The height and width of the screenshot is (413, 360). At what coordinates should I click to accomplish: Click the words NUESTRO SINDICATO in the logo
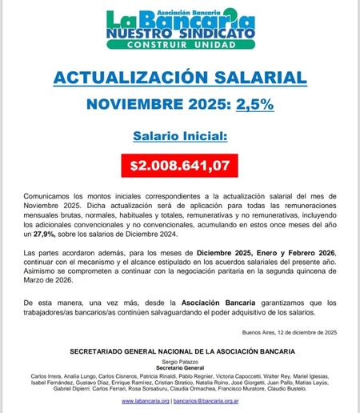(x=180, y=34)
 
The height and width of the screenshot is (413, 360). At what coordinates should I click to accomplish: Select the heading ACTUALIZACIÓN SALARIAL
(x=179, y=78)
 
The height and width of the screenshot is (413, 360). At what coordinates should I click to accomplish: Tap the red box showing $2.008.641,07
(x=179, y=166)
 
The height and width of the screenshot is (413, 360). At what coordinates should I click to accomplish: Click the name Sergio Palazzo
(x=179, y=362)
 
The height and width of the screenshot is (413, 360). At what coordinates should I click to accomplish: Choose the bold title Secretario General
(x=179, y=368)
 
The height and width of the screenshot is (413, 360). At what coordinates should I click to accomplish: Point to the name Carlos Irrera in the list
(x=46, y=375)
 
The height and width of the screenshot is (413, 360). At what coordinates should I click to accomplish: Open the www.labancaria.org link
(x=139, y=401)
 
